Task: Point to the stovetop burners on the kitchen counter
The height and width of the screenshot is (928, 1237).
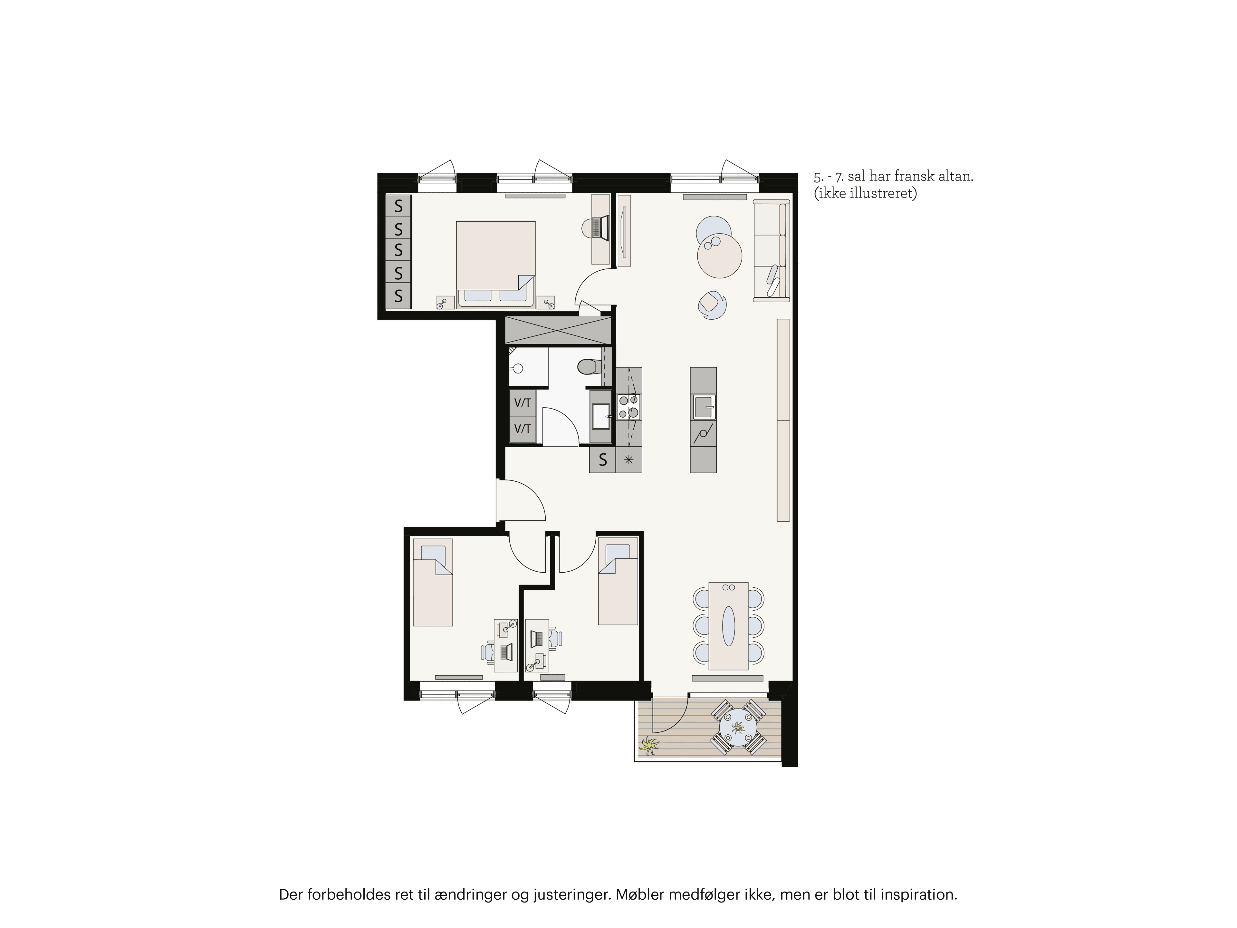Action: [628, 407]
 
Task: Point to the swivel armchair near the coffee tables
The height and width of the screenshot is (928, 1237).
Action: [712, 305]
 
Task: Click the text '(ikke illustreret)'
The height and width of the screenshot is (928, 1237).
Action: [865, 194]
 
